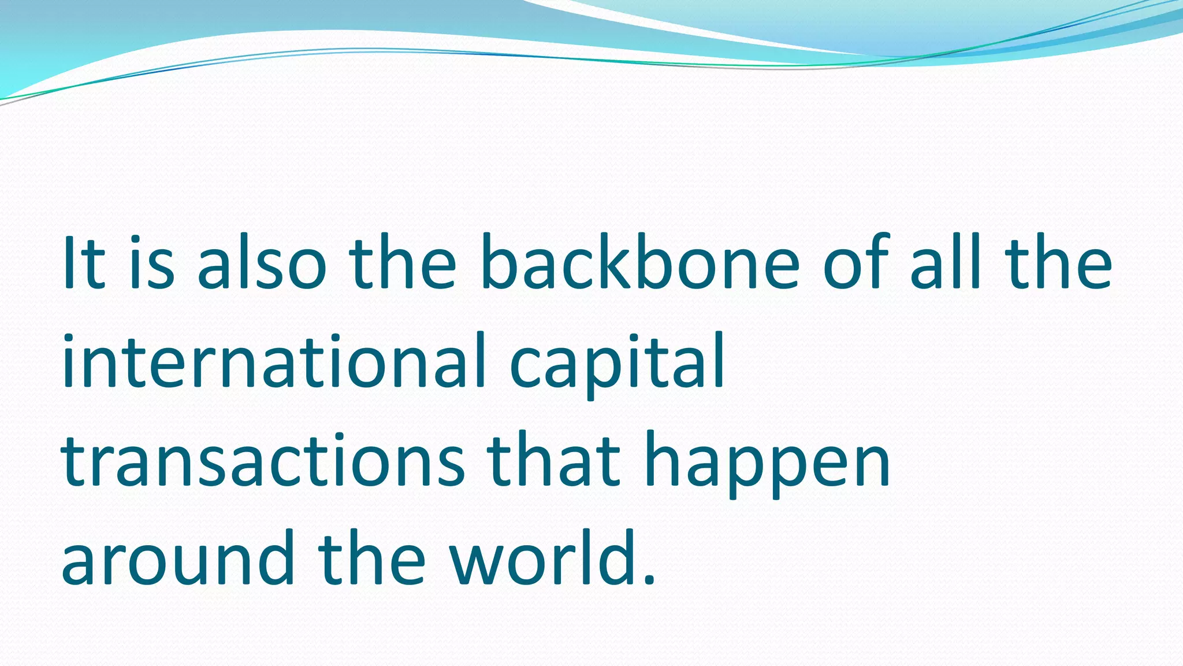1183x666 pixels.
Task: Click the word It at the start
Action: [84, 263]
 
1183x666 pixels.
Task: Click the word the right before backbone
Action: [402, 263]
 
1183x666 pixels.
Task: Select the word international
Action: [274, 361]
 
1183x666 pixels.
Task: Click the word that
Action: [555, 460]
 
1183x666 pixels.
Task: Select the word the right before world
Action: [372, 558]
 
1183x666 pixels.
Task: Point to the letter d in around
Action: [274, 558]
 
